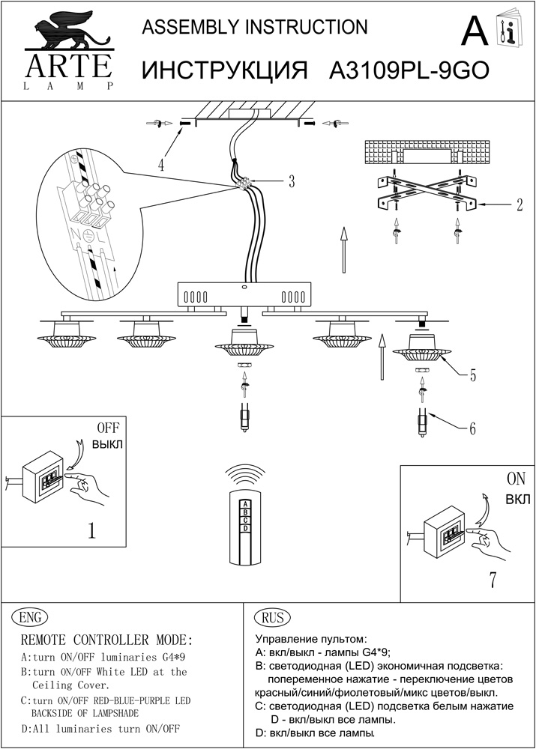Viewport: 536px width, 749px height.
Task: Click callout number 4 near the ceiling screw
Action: click(x=160, y=164)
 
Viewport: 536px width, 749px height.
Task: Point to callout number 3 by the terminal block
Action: click(x=291, y=181)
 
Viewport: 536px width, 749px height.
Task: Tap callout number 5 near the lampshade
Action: click(x=472, y=376)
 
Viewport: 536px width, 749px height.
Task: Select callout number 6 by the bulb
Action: click(x=472, y=429)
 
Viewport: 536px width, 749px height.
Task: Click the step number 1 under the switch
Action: click(x=91, y=531)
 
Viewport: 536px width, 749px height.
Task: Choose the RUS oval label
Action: click(x=273, y=617)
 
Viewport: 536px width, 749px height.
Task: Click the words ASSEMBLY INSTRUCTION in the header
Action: click(x=255, y=28)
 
